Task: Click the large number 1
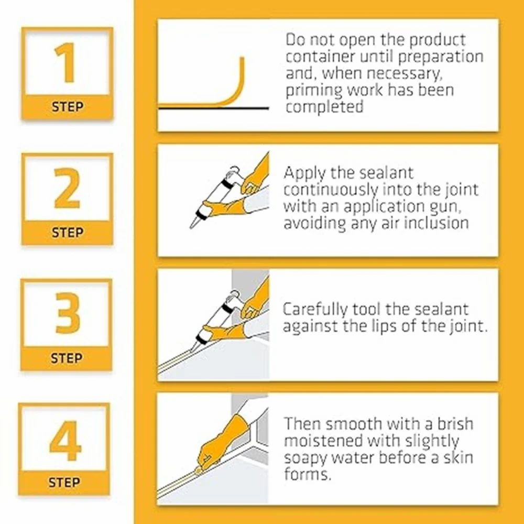(x=66, y=62)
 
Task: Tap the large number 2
(x=67, y=189)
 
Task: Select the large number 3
(x=68, y=313)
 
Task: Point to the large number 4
(x=65, y=441)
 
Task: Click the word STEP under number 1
(x=67, y=107)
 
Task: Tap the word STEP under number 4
(x=64, y=483)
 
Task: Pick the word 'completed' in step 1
(x=324, y=107)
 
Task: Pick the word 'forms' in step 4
(x=307, y=474)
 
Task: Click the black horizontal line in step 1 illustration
(x=213, y=108)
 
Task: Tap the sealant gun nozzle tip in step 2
(x=191, y=227)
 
